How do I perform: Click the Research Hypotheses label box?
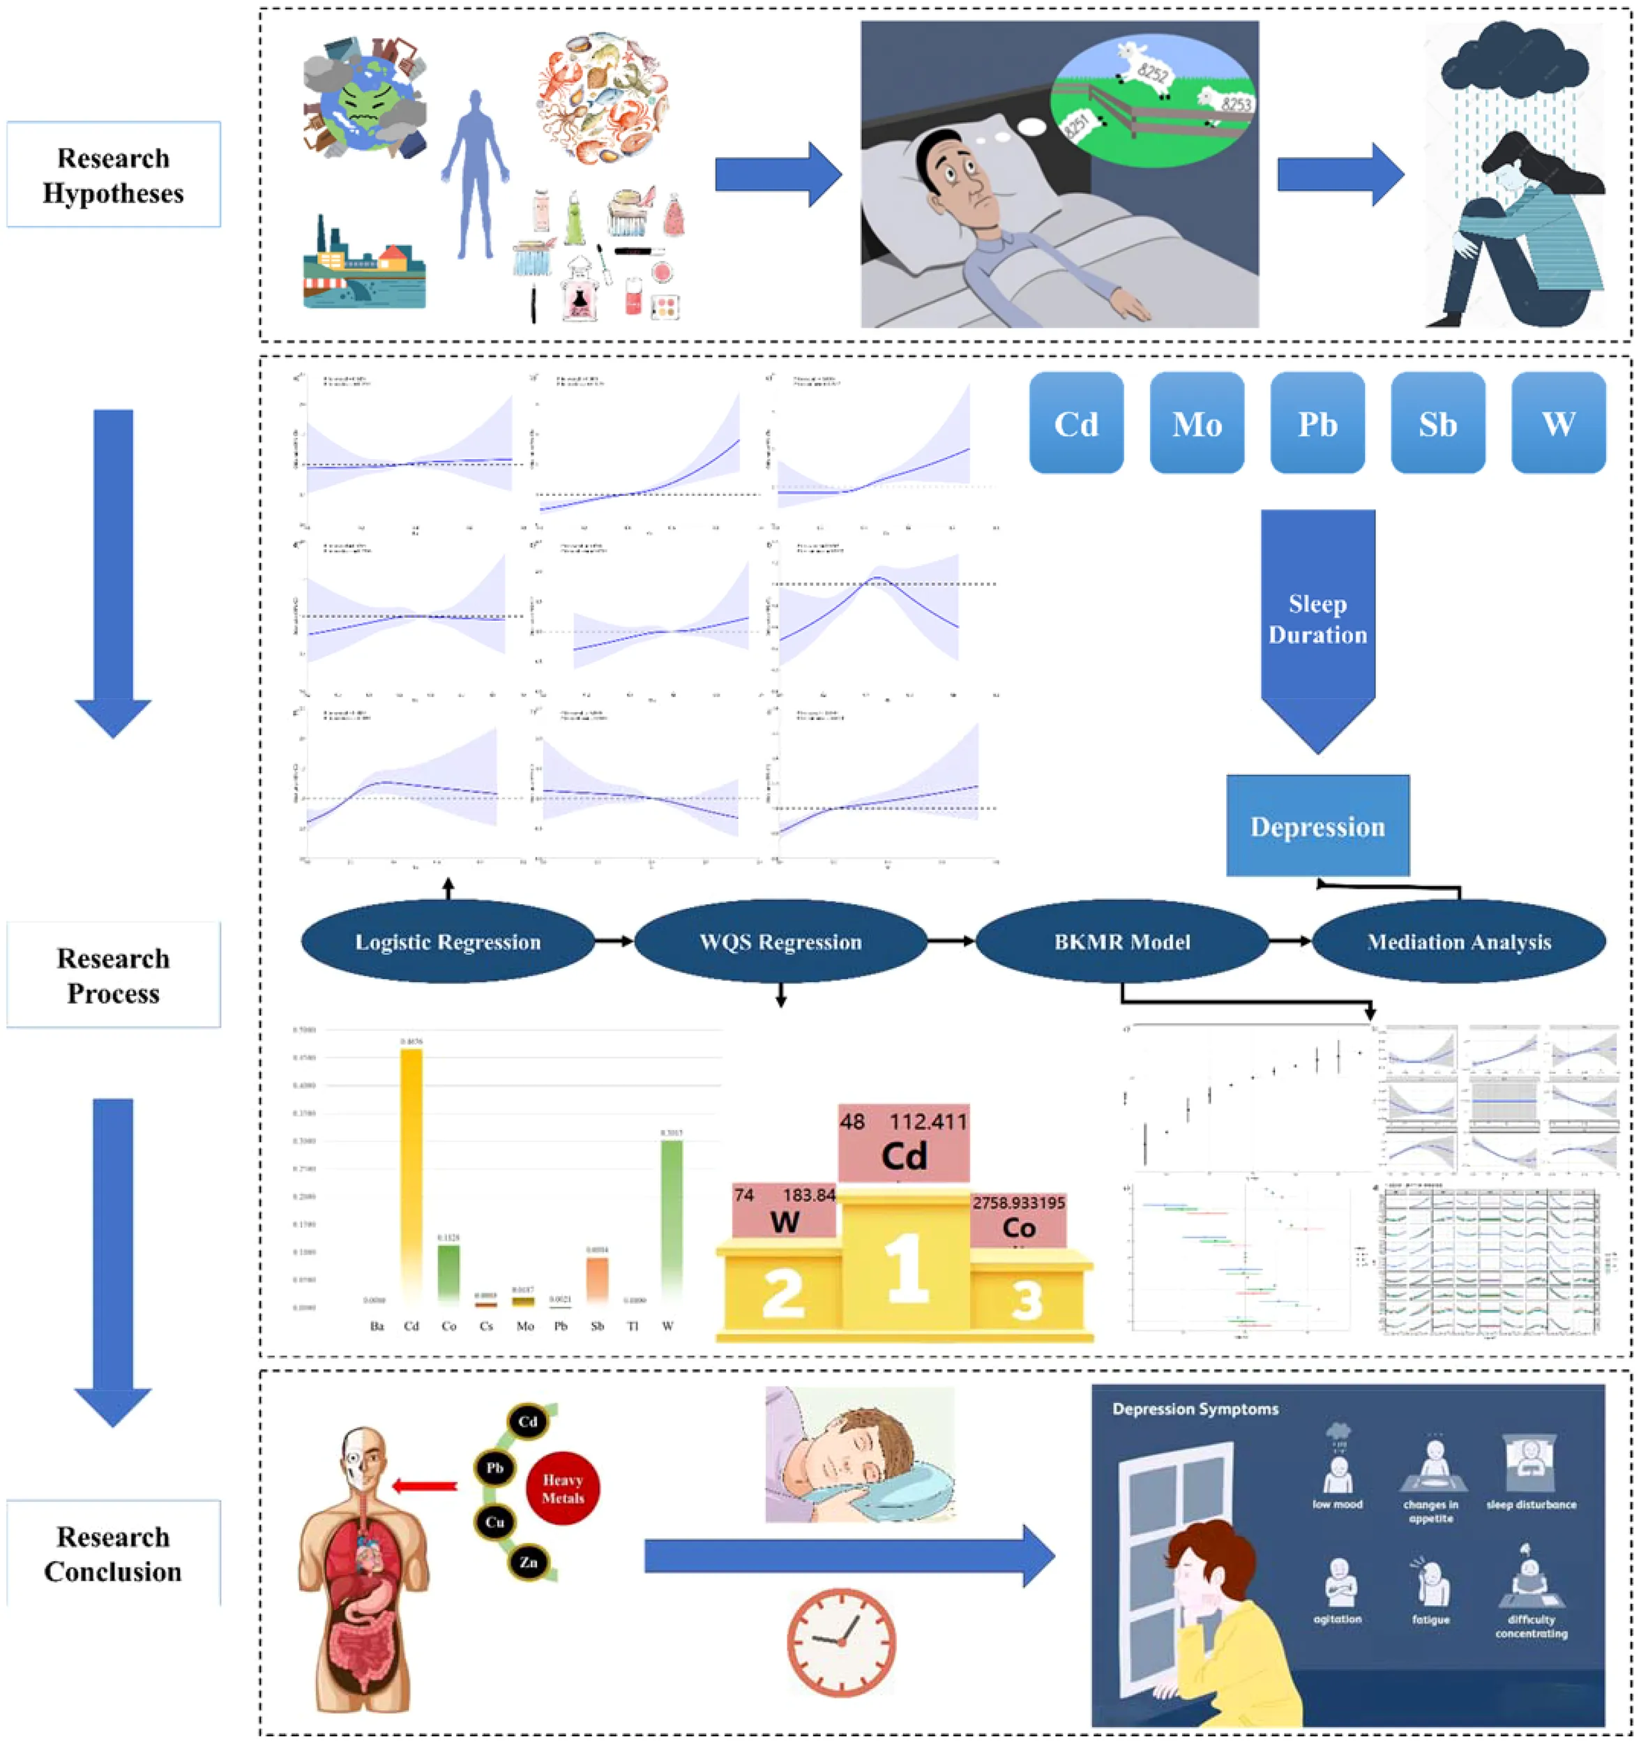pos(113,174)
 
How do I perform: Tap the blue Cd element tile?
pos(1076,423)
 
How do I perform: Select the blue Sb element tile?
pos(1437,423)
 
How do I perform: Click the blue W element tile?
pos(1558,423)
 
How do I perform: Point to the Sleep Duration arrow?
pos(1317,623)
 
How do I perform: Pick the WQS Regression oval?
pos(780,941)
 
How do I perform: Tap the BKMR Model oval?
pos(1121,941)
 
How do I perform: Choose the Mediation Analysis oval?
pos(1458,941)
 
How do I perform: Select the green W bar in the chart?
pos(670,1219)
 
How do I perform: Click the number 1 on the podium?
pos(906,1268)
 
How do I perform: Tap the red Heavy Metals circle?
pos(562,1489)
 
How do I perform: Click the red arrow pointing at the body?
pos(425,1486)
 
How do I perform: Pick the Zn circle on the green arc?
pos(528,1563)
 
